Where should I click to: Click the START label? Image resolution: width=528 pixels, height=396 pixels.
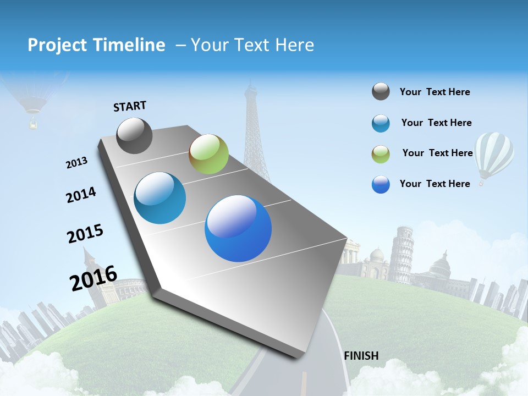click(x=130, y=106)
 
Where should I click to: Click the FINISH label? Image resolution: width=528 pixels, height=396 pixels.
click(x=361, y=356)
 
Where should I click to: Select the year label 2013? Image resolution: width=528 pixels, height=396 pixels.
click(x=76, y=163)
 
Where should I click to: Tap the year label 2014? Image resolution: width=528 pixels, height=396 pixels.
click(x=81, y=195)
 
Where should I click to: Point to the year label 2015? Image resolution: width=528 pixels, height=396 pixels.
click(x=85, y=233)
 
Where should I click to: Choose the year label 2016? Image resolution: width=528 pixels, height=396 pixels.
click(x=94, y=278)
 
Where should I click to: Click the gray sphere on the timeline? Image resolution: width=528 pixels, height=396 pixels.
click(x=134, y=135)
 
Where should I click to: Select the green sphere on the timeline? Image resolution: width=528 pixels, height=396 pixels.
click(x=208, y=154)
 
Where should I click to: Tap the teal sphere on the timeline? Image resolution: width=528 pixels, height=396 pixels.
click(x=159, y=198)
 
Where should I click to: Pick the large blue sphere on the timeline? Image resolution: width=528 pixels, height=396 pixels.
click(x=238, y=228)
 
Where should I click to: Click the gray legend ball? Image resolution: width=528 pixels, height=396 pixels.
click(x=381, y=92)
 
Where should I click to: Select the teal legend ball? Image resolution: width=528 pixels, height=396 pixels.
click(x=381, y=123)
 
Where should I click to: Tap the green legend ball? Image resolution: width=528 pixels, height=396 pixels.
click(x=381, y=154)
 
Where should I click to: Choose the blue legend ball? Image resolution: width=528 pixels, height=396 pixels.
click(x=381, y=184)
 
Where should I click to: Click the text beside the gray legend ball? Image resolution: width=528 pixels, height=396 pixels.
click(x=435, y=92)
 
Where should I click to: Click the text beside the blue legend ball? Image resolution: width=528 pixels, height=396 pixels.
click(x=435, y=184)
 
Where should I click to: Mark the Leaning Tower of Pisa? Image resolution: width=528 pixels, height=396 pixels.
click(x=402, y=253)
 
